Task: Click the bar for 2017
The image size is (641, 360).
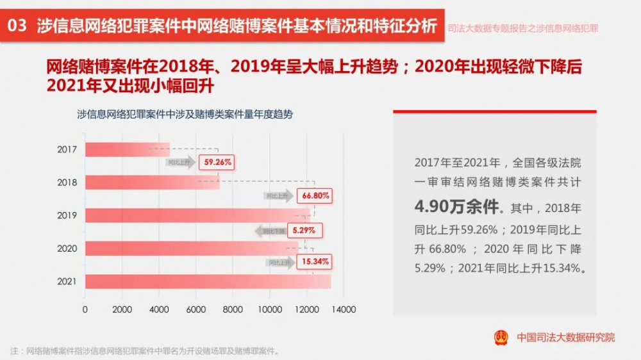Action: (127, 149)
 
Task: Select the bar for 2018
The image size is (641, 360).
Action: (152, 183)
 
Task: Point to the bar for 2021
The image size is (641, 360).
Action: (208, 281)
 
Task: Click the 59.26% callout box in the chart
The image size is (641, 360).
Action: (217, 163)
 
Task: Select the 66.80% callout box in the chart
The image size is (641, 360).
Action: (315, 196)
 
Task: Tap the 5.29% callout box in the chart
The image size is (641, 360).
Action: (304, 229)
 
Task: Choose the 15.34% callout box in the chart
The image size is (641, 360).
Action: (315, 261)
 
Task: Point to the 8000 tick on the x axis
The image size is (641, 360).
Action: (233, 309)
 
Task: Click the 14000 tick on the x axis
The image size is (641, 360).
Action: (344, 309)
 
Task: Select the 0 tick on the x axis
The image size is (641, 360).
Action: (85, 309)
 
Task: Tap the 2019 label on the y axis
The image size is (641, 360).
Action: (67, 216)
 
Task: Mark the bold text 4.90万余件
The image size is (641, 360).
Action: (456, 207)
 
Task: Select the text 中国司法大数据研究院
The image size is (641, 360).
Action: (565, 337)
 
